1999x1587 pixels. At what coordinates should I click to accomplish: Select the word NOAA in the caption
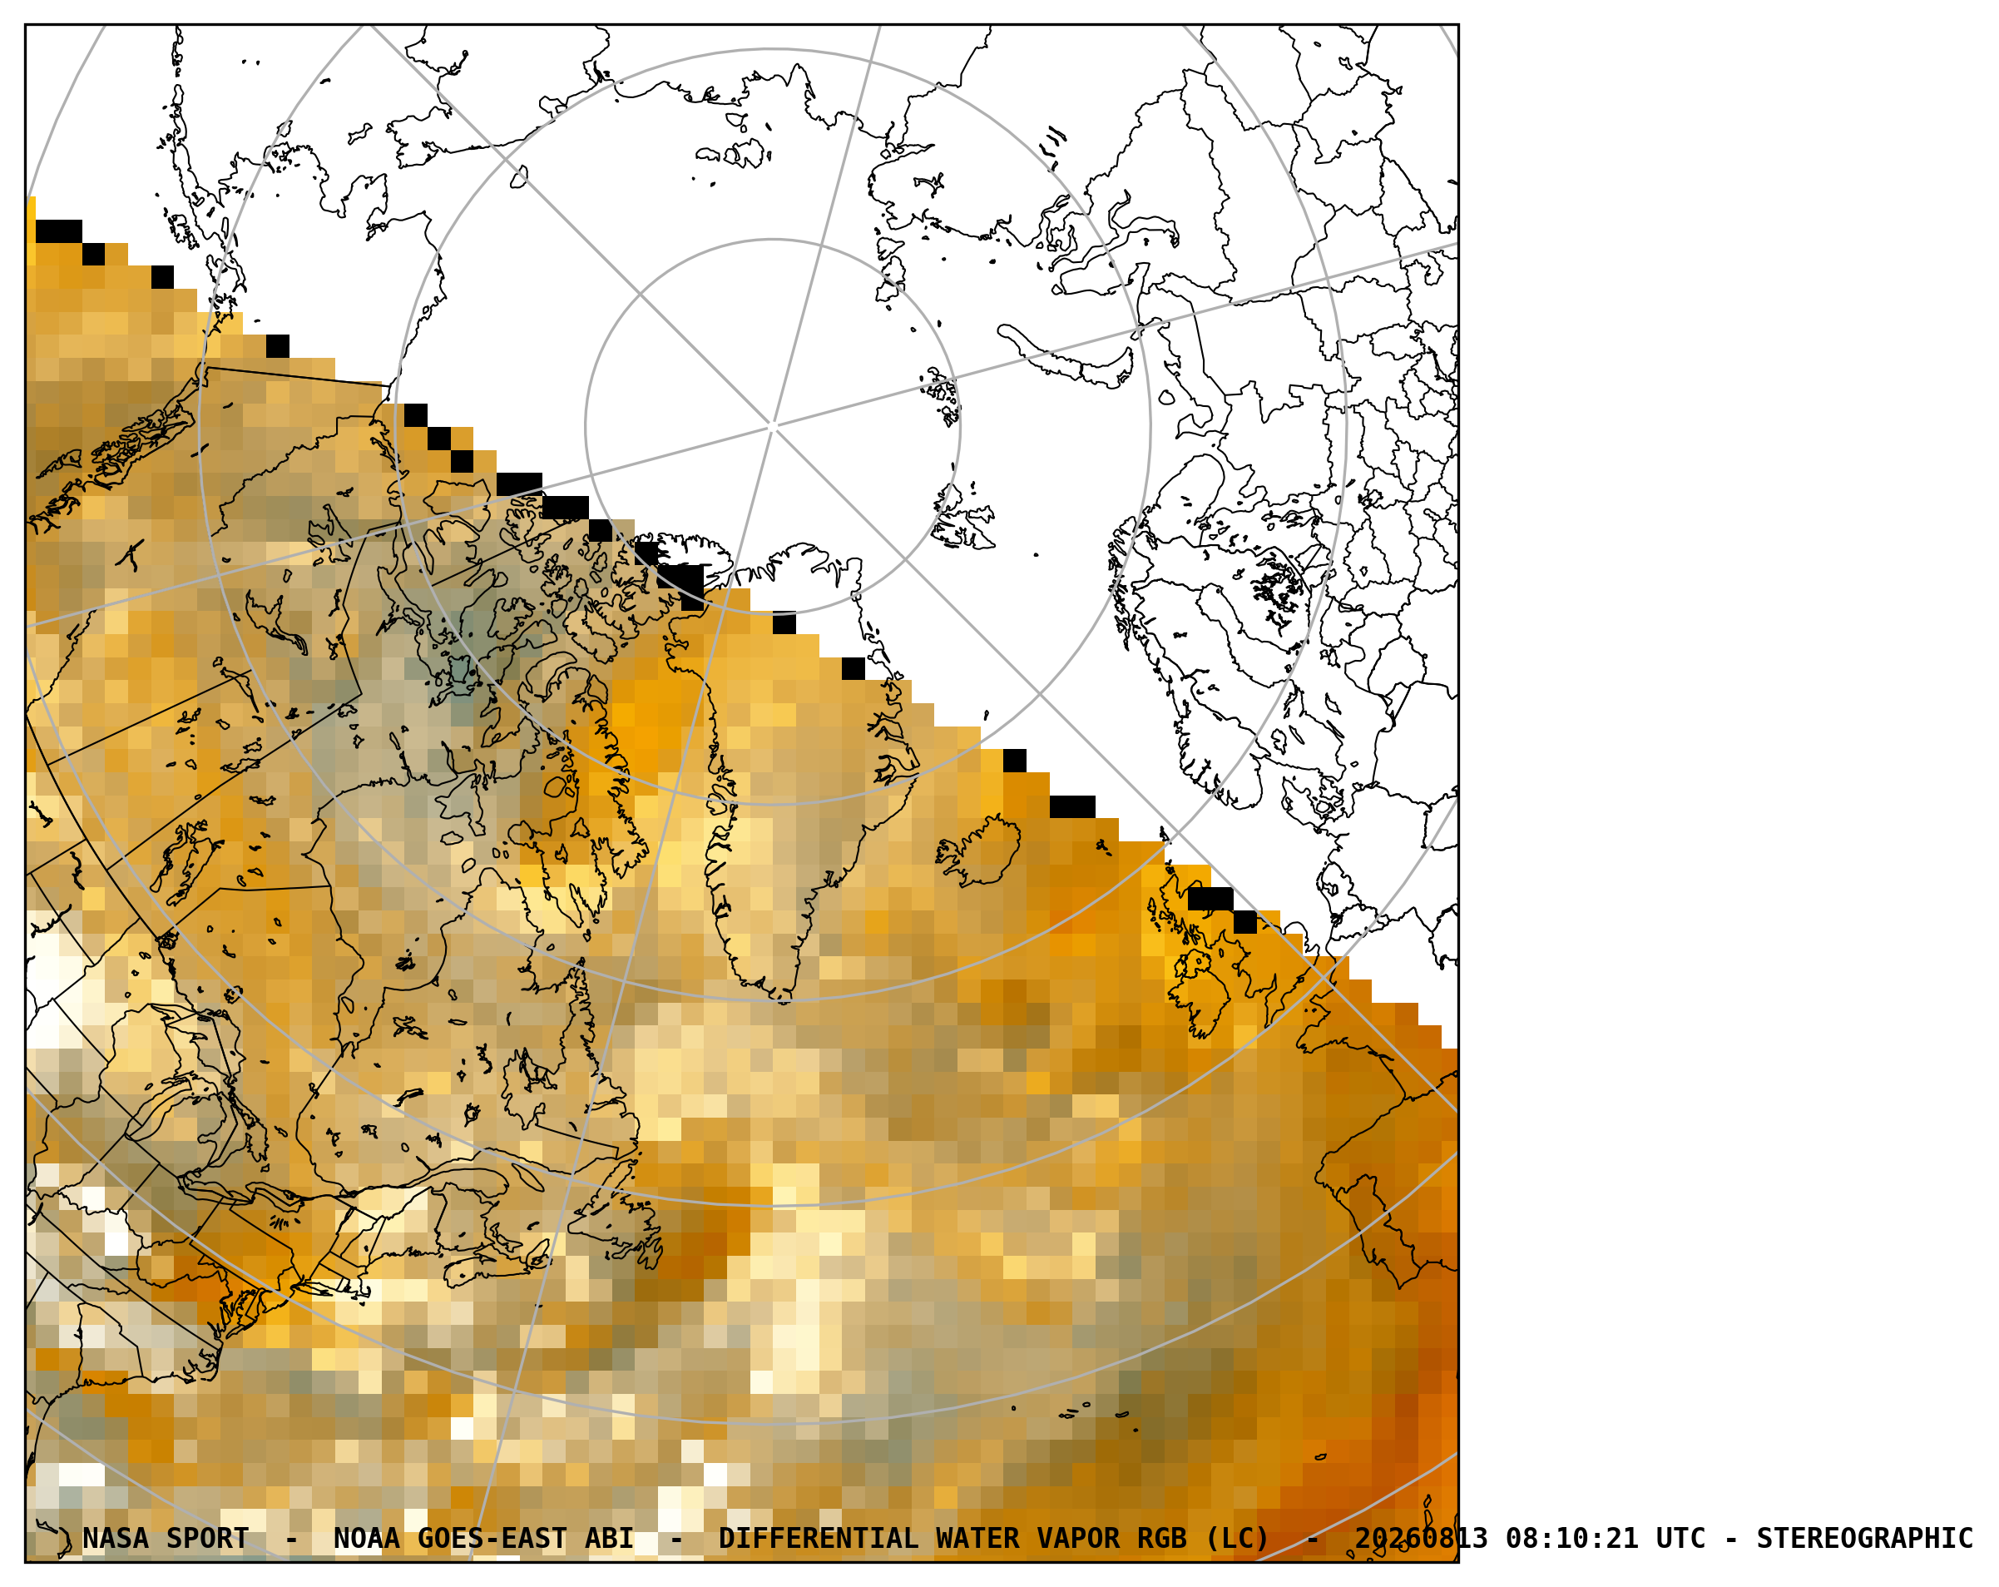pyautogui.click(x=366, y=1539)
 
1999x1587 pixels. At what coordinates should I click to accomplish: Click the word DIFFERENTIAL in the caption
pyautogui.click(x=818, y=1539)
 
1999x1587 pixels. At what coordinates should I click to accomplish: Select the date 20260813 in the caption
pyautogui.click(x=1421, y=1539)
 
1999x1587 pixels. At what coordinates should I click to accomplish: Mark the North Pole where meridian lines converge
pyautogui.click(x=772, y=427)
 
